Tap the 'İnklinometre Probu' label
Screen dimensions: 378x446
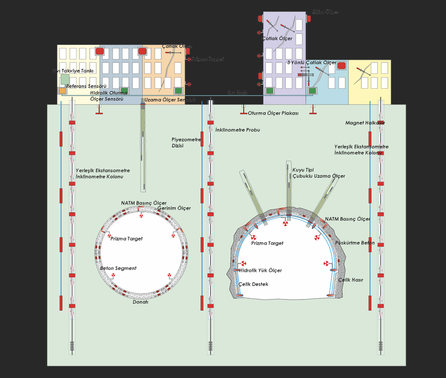pos(238,130)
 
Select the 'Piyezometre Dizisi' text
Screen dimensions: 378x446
pos(186,143)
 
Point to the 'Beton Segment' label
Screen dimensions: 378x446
pos(118,269)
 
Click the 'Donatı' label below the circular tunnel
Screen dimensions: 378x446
pos(140,302)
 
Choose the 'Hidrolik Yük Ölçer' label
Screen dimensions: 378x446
pos(260,271)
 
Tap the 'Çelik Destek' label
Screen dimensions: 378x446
pos(253,284)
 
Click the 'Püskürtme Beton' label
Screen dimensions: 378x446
pos(355,243)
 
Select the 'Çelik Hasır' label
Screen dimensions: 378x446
pos(350,280)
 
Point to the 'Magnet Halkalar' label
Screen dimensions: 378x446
pos(365,123)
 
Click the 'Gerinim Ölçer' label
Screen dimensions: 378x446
pos(174,209)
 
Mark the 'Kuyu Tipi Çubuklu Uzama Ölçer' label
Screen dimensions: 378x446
pos(319,173)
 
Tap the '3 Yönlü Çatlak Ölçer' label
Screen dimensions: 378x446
pos(312,63)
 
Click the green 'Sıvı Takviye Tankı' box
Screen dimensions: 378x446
pos(65,79)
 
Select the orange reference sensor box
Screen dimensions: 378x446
pos(63,91)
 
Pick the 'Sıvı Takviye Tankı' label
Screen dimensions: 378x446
pos(73,71)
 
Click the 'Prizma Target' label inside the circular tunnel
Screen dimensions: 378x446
pos(126,239)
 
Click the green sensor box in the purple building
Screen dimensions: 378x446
pos(270,91)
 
